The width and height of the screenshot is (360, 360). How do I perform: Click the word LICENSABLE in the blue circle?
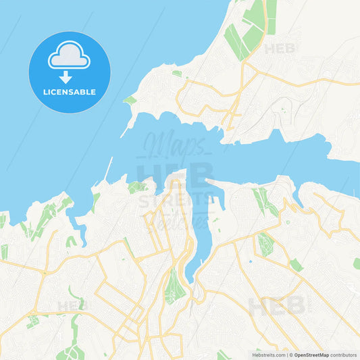coord(70,91)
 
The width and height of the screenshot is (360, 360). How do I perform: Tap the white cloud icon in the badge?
coord(69,56)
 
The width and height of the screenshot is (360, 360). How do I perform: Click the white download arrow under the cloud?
coord(66,76)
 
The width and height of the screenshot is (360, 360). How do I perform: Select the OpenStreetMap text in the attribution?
coord(311,354)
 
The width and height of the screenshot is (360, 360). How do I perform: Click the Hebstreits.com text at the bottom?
coord(269,354)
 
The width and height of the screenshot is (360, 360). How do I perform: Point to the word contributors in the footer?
coord(343,354)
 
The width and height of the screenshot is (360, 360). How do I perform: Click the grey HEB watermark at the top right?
coord(280,49)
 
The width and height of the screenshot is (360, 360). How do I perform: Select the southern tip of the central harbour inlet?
coord(190,279)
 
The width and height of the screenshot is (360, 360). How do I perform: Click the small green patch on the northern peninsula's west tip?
coord(130,100)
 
